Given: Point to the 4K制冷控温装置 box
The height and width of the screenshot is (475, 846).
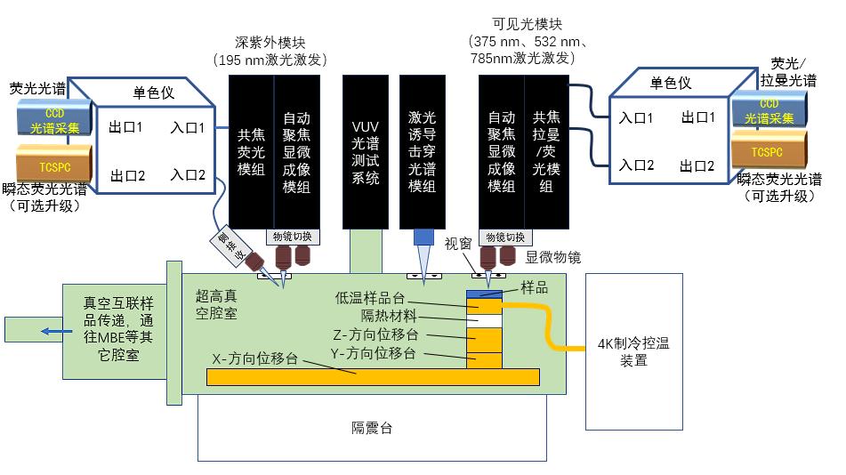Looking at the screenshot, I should tap(632, 351).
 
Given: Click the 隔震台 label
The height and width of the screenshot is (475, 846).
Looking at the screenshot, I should tap(372, 428).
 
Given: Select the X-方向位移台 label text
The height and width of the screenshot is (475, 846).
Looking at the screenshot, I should tap(254, 358).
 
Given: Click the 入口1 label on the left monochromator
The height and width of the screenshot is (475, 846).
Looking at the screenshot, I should tap(188, 128).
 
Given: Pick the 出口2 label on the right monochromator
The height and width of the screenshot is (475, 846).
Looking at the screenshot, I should tap(697, 165).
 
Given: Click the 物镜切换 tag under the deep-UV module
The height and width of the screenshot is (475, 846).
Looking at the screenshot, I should tap(292, 237).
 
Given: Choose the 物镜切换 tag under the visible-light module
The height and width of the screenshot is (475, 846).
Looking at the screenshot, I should tap(502, 237).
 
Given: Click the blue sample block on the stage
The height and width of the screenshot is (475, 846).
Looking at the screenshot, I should tap(485, 293).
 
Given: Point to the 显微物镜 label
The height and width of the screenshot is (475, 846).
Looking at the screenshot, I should tap(553, 257).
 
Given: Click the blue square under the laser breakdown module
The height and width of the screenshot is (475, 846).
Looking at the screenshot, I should tap(423, 237).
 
